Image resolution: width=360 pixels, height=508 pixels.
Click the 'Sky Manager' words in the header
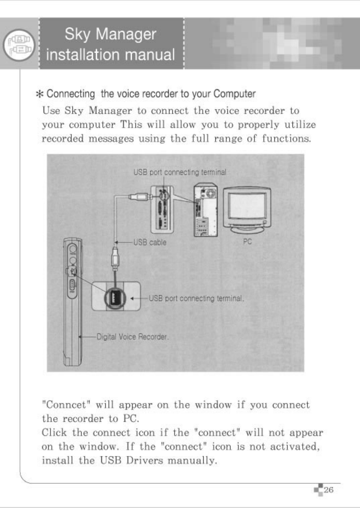(110, 34)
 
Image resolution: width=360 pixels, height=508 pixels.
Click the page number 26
(329, 490)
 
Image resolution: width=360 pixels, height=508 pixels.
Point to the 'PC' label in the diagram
(247, 242)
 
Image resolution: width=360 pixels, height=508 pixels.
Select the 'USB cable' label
(150, 242)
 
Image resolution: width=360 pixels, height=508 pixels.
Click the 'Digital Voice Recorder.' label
(132, 337)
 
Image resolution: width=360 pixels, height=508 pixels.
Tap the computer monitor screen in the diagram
(247, 208)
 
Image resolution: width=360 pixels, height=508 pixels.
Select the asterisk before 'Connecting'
(39, 94)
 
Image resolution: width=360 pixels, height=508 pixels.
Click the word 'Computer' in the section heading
(234, 94)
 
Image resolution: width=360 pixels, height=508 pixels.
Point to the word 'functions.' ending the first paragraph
(286, 139)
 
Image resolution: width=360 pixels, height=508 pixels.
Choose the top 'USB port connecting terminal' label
(180, 172)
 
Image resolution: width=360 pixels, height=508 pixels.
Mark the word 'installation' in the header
(80, 54)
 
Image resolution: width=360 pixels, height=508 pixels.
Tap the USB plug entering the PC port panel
(139, 196)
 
